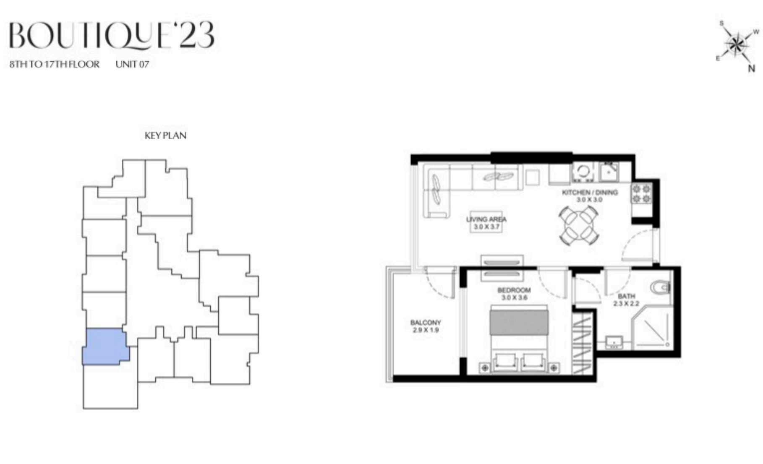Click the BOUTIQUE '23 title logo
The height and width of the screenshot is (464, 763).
112,35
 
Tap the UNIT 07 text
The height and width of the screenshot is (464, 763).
132,64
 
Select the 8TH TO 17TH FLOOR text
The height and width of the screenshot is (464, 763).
55,64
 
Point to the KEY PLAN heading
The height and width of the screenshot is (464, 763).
165,136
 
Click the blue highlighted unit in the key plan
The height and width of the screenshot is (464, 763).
105,347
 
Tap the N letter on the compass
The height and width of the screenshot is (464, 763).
752,68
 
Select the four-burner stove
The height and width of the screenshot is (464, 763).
641,193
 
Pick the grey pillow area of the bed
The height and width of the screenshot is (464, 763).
519,322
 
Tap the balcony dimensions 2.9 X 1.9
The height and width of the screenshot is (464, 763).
426,330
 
